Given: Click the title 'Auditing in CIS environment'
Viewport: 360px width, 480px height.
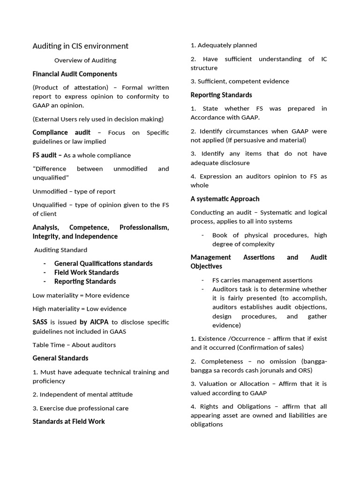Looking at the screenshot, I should (80, 46).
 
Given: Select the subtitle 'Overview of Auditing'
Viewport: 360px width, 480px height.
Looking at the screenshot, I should (85, 60).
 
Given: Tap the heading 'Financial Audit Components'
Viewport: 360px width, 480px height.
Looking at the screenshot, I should (75, 74).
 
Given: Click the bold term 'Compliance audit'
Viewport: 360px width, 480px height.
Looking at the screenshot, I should (61, 133).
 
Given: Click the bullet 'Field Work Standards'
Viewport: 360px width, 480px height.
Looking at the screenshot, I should (86, 272).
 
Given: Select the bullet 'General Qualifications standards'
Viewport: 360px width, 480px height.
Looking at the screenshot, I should (103, 263).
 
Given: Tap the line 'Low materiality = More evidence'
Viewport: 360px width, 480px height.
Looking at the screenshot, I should (81, 295).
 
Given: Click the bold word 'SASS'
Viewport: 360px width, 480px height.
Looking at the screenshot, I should (40, 322).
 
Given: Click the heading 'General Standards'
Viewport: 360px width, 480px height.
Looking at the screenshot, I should (60, 358).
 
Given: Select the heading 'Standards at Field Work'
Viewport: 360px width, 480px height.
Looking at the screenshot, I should (68, 421).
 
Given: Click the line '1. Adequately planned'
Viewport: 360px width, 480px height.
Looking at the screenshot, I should (224, 45).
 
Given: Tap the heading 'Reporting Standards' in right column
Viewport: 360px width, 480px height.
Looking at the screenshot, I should (221, 95).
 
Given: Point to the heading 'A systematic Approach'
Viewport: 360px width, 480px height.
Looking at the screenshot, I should (225, 199).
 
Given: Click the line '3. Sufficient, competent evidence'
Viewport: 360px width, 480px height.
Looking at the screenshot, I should (240, 82).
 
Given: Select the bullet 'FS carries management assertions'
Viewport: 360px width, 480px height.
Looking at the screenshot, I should (262, 280).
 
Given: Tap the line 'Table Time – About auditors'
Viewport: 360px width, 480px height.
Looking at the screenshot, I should (74, 345).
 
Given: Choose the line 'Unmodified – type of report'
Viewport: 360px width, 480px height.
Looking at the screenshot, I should (74, 191).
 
